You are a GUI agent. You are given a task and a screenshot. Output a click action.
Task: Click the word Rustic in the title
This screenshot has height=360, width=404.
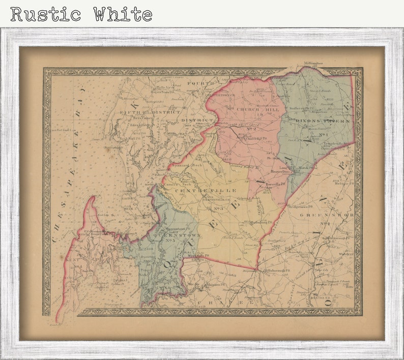45,14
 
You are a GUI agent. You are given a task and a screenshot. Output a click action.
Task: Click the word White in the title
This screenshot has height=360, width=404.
123,14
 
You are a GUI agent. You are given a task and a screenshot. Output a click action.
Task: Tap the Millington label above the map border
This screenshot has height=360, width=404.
313,64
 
